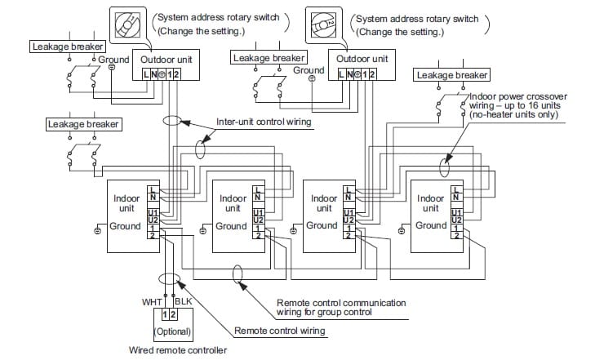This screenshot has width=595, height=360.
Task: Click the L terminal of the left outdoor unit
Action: point(146,74)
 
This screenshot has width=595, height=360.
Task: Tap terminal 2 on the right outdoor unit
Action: point(372,74)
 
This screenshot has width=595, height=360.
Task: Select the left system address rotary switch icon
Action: point(127,25)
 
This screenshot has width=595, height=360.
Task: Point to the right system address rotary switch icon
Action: point(323,25)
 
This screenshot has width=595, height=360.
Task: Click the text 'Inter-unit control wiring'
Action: point(264,122)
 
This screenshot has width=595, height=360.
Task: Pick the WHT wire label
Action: point(152,302)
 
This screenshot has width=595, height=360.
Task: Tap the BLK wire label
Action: point(184,301)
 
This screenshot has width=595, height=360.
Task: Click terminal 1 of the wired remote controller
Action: point(165,314)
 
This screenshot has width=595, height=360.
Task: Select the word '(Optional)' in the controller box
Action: point(173,331)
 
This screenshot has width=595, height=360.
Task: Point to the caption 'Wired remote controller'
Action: point(178,350)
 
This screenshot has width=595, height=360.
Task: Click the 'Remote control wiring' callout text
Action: point(280,331)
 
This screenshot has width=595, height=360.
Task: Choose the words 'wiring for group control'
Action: point(324,312)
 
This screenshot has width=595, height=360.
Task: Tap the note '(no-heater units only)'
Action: point(514,114)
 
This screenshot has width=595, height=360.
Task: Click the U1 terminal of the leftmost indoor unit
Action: point(153,212)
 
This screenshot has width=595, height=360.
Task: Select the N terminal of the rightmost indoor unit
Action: point(456,198)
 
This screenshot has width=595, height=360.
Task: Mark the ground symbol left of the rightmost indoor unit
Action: point(402,230)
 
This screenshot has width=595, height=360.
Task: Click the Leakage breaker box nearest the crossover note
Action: point(451,75)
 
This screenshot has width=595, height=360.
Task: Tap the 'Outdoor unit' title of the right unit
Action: point(362,59)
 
